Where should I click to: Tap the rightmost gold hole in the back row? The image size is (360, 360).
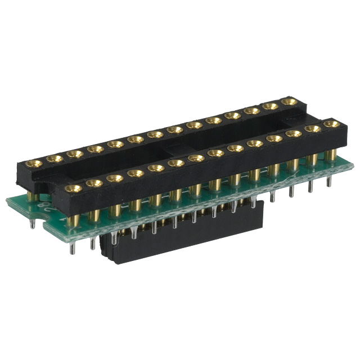pyautogui.click(x=289, y=102)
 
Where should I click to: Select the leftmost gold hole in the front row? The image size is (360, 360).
pyautogui.click(x=72, y=188)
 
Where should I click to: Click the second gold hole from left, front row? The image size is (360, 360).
pyautogui.click(x=94, y=183)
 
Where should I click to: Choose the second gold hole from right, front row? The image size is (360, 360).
pyautogui.click(x=312, y=128)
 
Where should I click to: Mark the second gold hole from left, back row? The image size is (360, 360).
pyautogui.click(x=55, y=159)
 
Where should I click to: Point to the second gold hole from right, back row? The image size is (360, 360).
pyautogui.click(x=271, y=106)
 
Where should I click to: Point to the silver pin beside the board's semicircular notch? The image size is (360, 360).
pyautogui.click(x=33, y=223)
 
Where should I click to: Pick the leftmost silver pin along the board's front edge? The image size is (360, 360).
pyautogui.click(x=73, y=247)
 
